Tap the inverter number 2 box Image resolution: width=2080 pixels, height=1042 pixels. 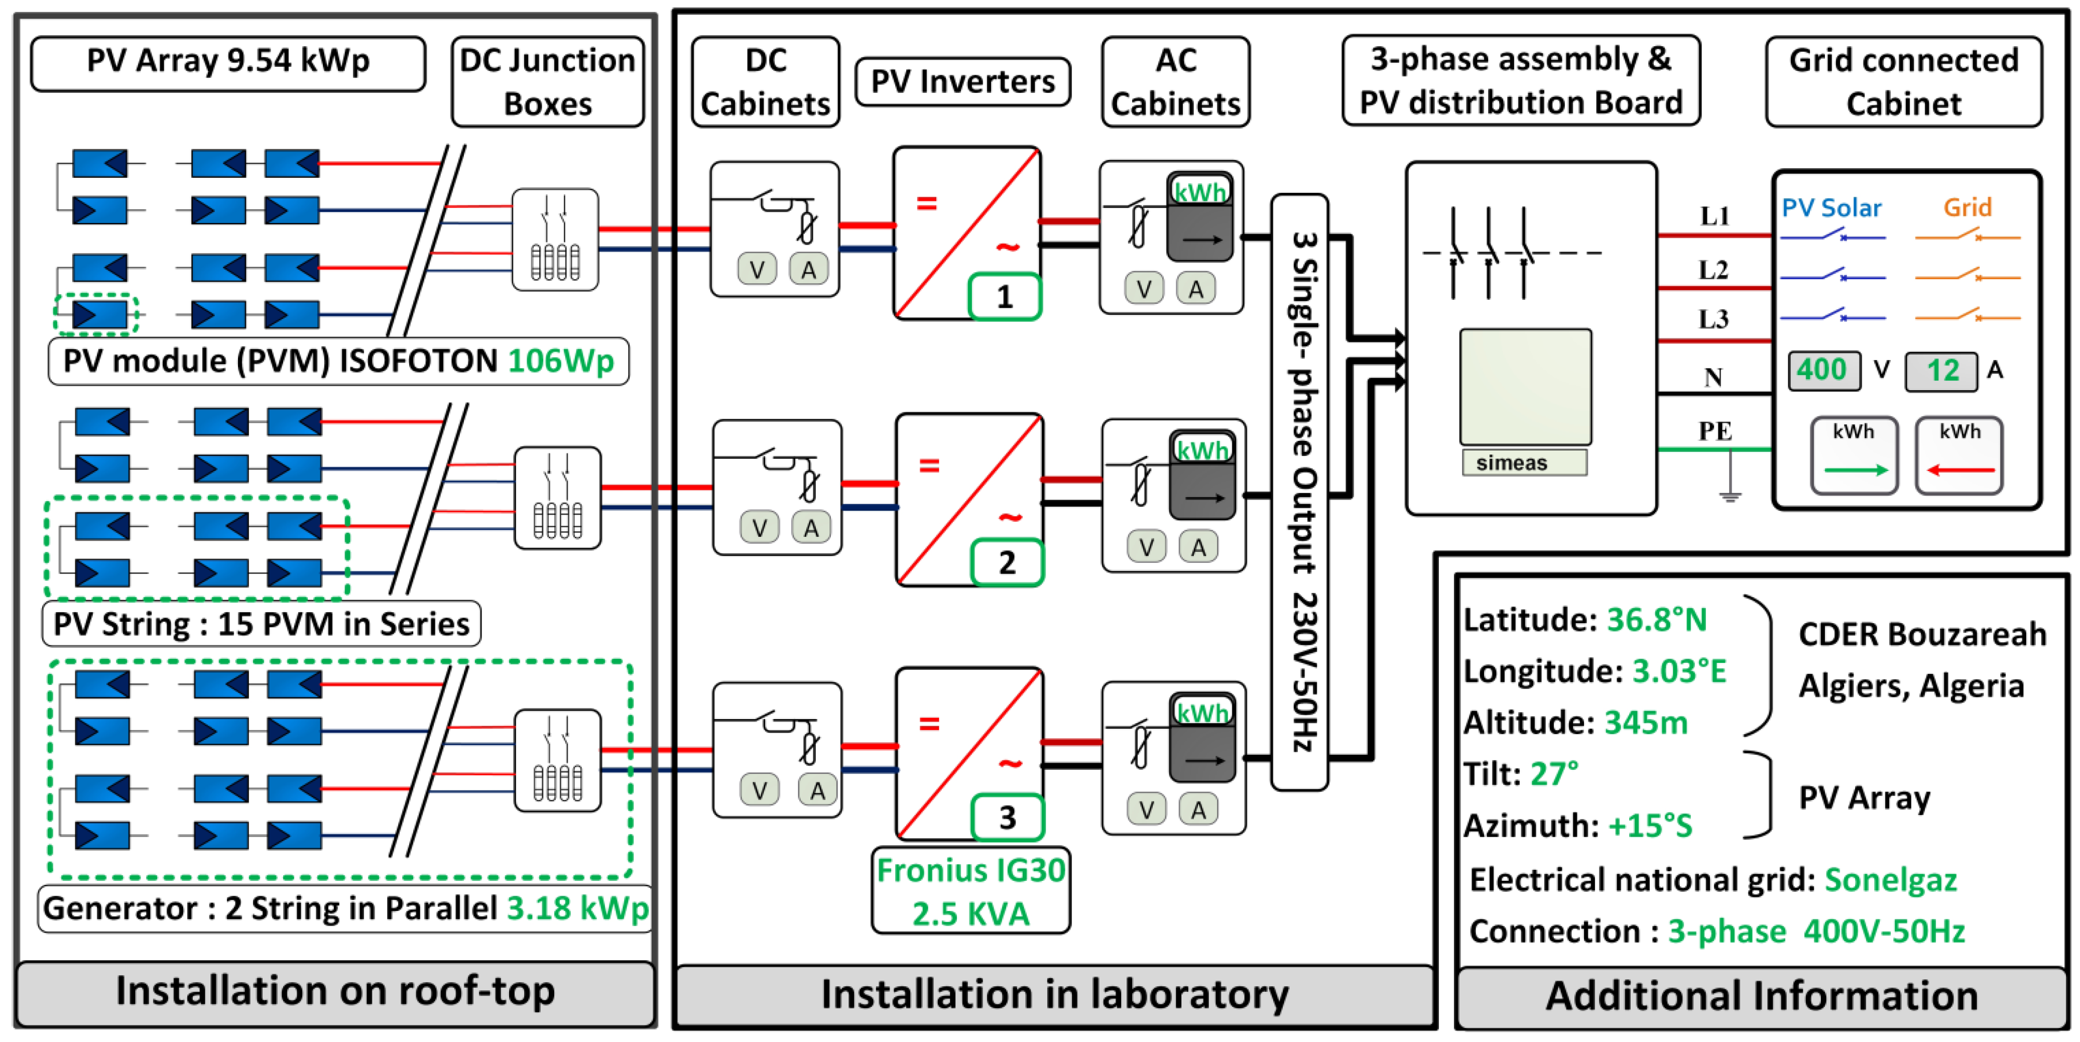pyautogui.click(x=1007, y=562)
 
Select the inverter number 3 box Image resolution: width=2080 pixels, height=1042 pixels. pyautogui.click(x=1007, y=818)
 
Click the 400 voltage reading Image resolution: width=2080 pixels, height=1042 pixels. pyautogui.click(x=1822, y=371)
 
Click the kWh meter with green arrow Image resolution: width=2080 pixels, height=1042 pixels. pyautogui.click(x=1854, y=455)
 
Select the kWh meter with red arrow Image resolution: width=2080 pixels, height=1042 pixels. pyautogui.click(x=1960, y=455)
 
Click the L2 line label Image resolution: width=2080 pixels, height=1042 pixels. pyautogui.click(x=1712, y=270)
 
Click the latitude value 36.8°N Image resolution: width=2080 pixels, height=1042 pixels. pyautogui.click(x=1656, y=620)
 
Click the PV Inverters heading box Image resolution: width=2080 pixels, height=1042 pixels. pyautogui.click(x=962, y=81)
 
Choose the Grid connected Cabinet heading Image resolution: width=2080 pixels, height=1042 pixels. pyautogui.click(x=1903, y=81)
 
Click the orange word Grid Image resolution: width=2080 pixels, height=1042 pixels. pyautogui.click(x=1967, y=207)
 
